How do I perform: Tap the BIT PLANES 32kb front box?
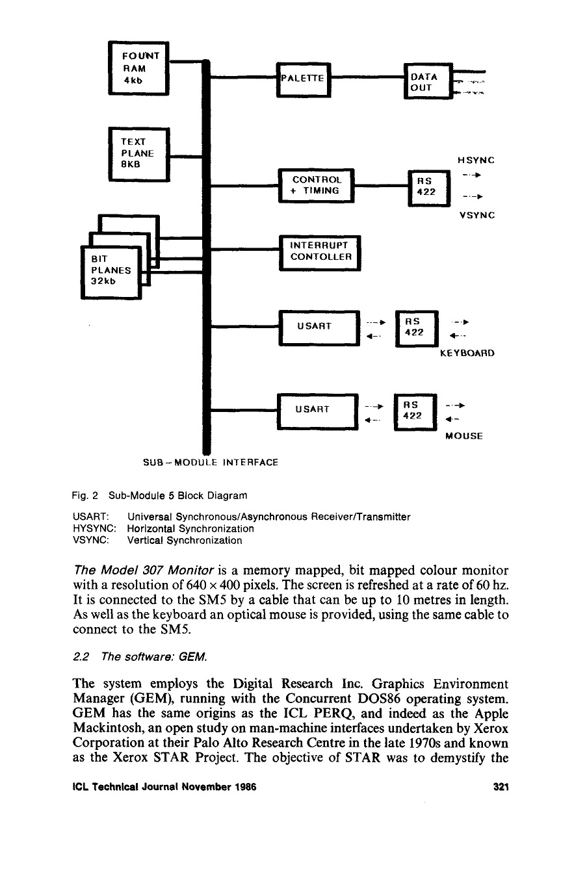111,271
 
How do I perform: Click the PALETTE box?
304,79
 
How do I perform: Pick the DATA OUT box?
427,81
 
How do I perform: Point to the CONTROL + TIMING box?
315,185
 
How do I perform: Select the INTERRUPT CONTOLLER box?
320,251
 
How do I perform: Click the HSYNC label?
476,160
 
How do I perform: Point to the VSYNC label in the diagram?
477,215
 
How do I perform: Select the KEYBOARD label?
467,354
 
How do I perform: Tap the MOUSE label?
464,437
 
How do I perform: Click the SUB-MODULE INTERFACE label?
210,463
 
